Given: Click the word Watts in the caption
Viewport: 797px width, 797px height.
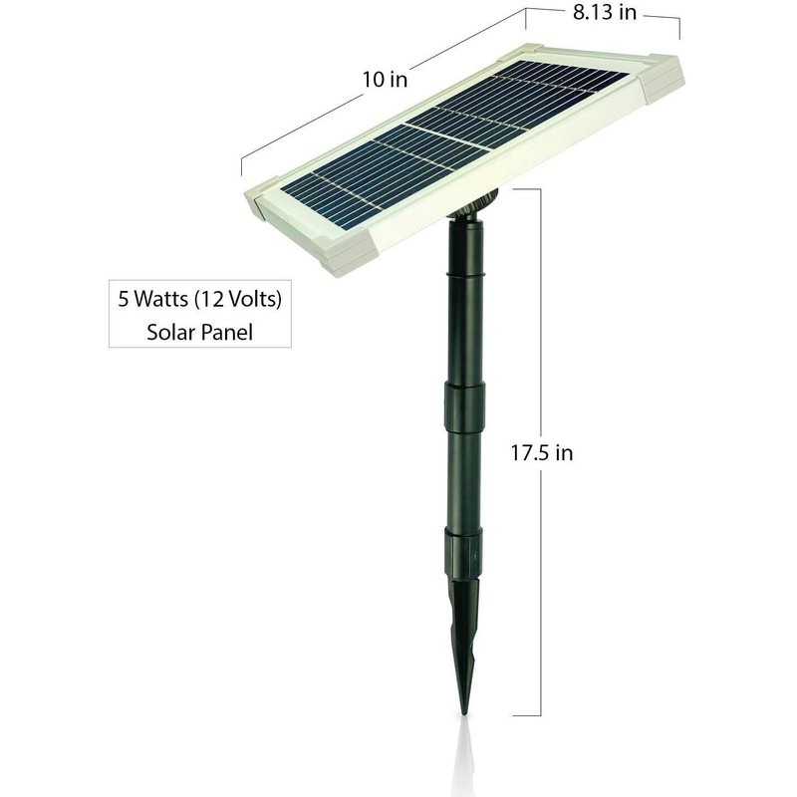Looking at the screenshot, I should [169, 297].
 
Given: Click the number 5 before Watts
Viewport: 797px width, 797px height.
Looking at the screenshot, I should [124, 297].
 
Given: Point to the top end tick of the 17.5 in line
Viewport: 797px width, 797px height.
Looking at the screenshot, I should [526, 188].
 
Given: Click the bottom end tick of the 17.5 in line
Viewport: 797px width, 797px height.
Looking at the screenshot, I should [527, 715].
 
